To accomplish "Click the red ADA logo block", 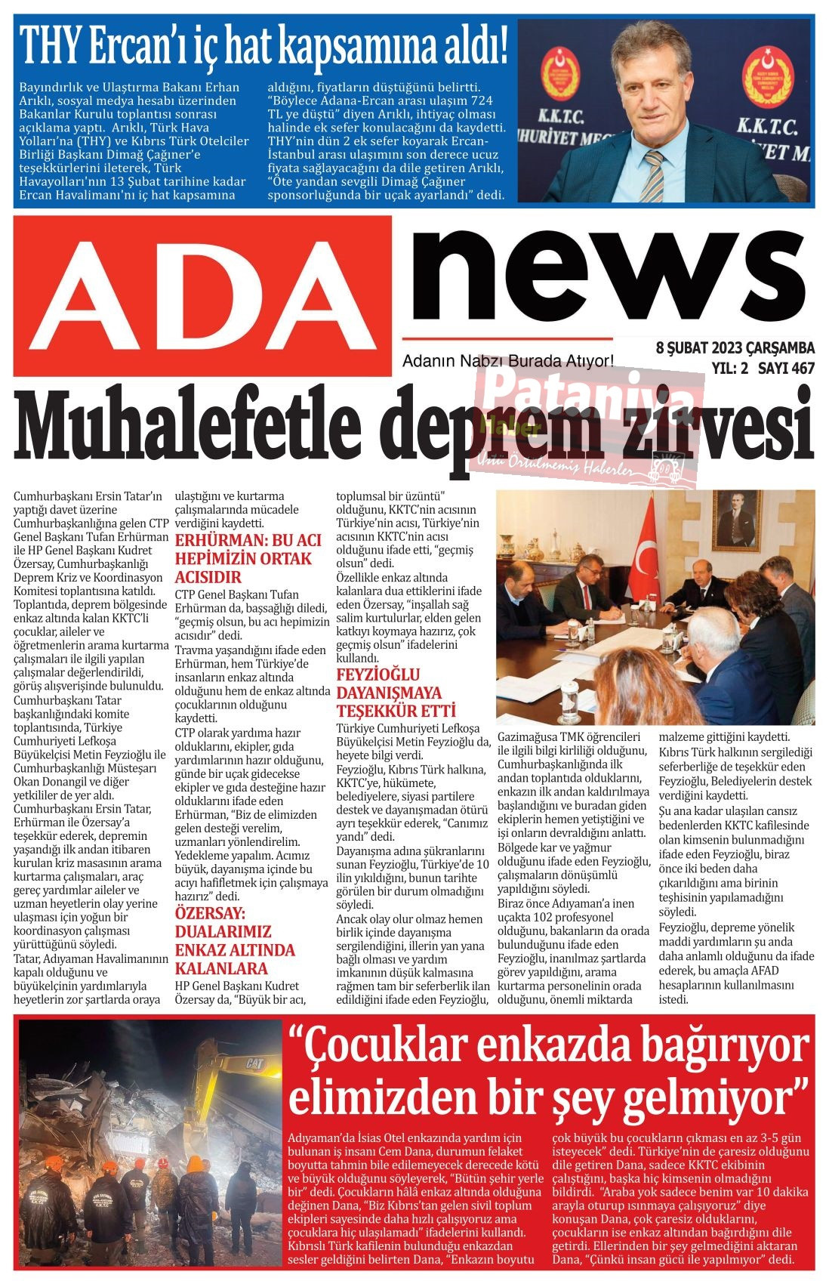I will tap(202, 295).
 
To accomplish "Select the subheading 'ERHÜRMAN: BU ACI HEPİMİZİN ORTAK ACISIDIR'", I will tap(248, 559).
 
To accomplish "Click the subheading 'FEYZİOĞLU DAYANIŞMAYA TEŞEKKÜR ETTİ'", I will tap(397, 693).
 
